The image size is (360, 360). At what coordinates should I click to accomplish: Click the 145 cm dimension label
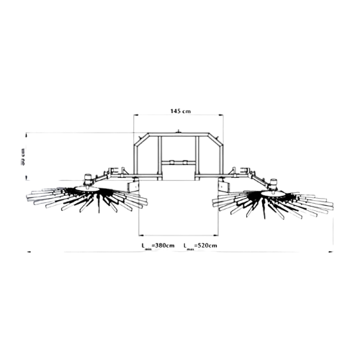pyautogui.click(x=180, y=111)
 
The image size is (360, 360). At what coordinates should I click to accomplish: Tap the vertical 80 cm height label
pyautogui.click(x=23, y=156)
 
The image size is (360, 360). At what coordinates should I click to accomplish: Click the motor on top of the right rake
pyautogui.click(x=271, y=180)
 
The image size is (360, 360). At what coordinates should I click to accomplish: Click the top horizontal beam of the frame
pyautogui.click(x=179, y=134)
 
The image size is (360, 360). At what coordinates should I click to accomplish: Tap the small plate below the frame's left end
pyautogui.click(x=134, y=185)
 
